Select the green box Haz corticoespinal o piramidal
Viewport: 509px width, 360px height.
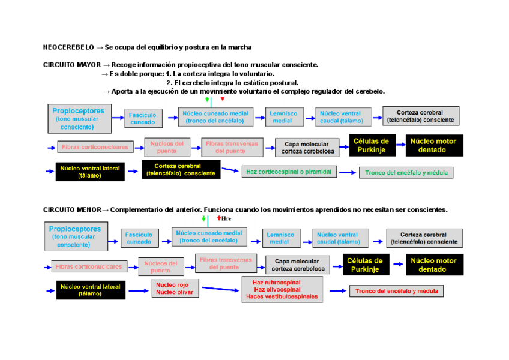[x=289, y=172]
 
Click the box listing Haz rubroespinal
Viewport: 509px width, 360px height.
[x=282, y=289]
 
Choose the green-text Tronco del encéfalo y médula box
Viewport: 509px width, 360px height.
[x=406, y=173]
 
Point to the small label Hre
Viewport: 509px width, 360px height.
[x=226, y=219]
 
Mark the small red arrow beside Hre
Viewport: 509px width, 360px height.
[x=219, y=219]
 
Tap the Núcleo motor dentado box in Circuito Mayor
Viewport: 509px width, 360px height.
[x=433, y=146]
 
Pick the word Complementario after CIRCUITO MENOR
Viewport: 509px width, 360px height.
[x=139, y=210]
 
